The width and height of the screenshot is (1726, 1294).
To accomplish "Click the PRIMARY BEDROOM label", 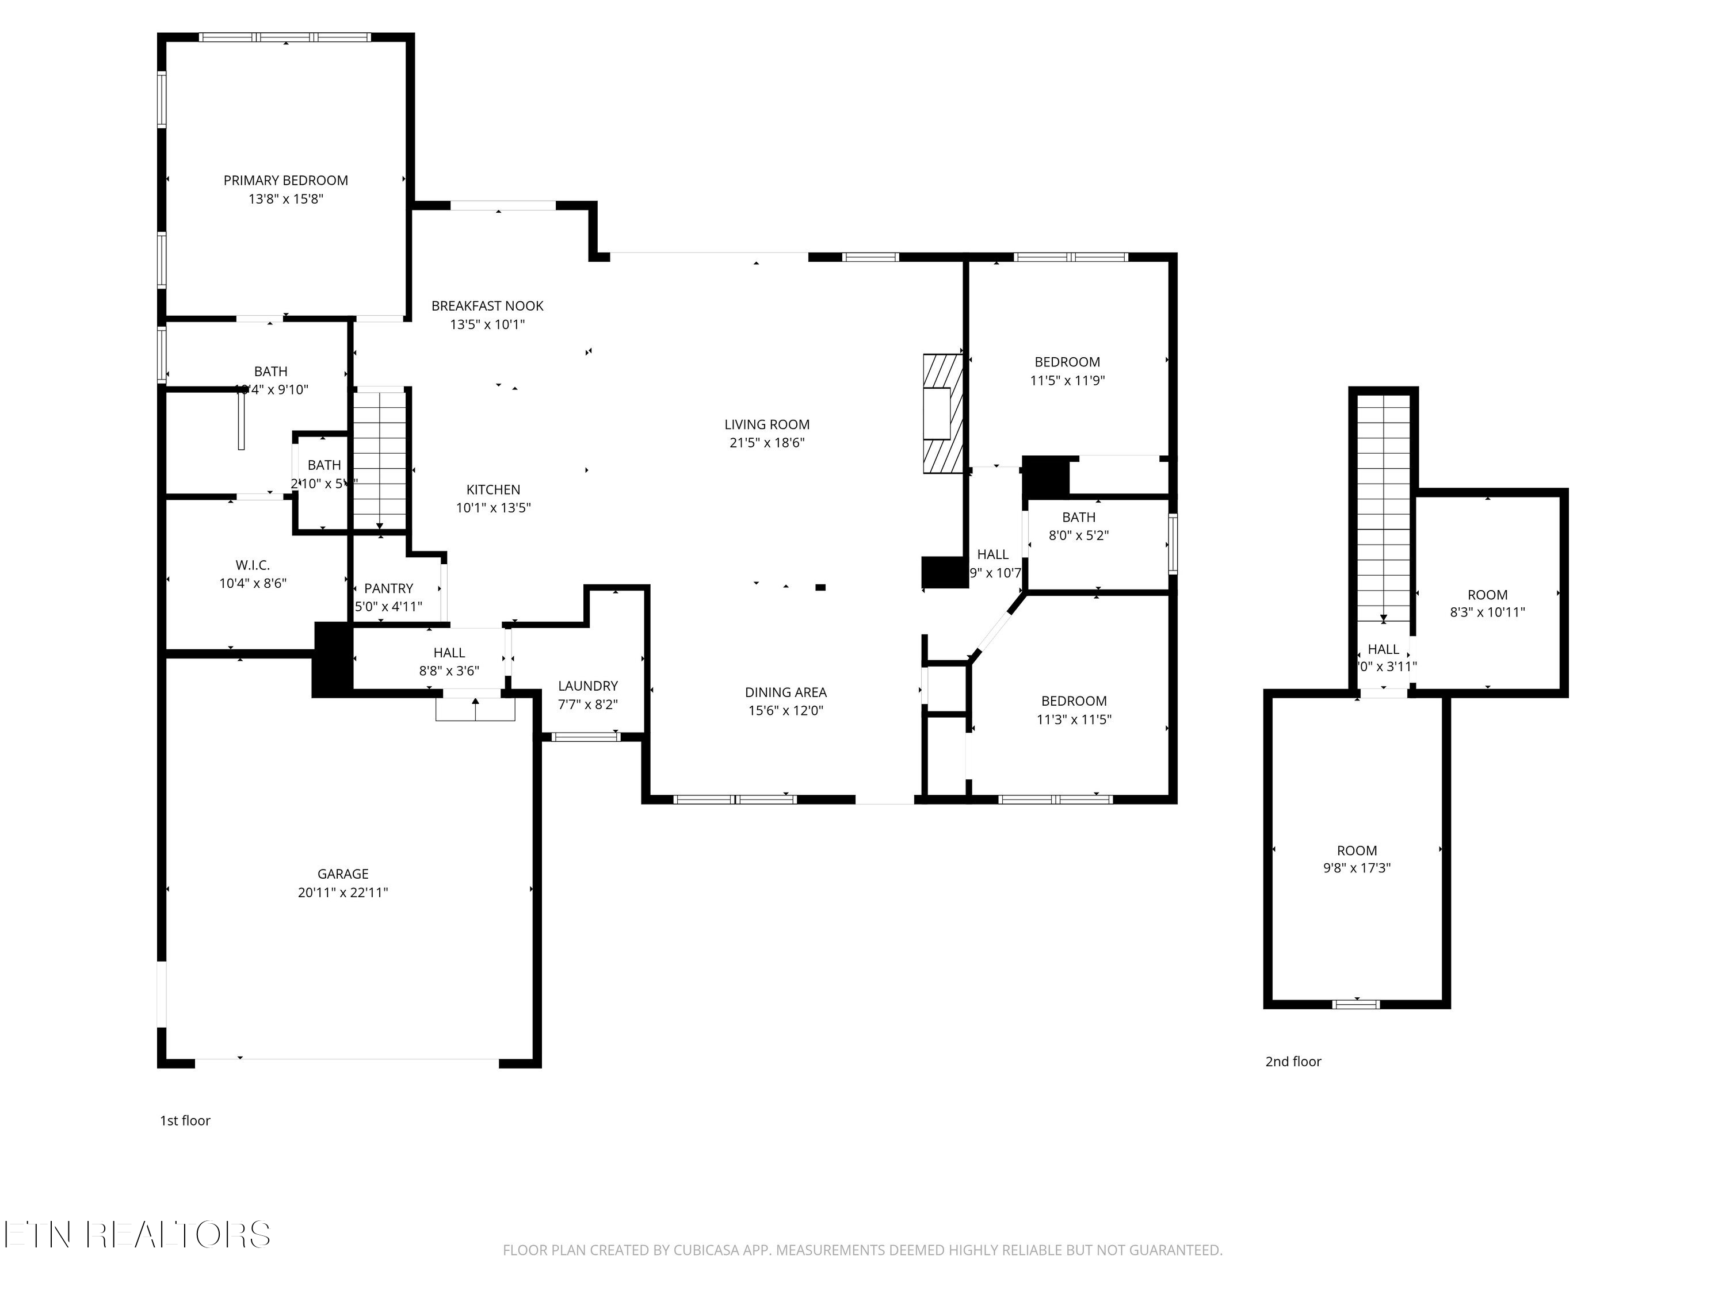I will click(x=285, y=180).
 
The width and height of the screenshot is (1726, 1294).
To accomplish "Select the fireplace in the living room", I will click(x=942, y=414).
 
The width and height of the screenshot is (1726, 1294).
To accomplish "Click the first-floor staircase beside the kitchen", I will click(x=380, y=460).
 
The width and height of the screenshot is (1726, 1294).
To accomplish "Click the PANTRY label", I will click(x=388, y=588).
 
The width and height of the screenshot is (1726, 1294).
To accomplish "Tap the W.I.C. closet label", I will click(x=253, y=565).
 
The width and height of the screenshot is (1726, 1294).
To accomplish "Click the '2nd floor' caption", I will click(x=1293, y=1062).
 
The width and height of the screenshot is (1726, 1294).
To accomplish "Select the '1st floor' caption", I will click(x=185, y=1121).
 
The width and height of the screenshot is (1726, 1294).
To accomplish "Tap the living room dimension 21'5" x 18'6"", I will click(x=766, y=443).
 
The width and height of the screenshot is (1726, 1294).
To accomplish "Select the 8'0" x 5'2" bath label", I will click(x=1078, y=535).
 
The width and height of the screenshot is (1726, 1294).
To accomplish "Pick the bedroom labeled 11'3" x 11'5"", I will click(x=1074, y=710).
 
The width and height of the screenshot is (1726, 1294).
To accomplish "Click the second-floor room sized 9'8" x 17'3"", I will click(x=1356, y=859).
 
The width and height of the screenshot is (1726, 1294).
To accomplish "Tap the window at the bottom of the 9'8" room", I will click(x=1356, y=1004).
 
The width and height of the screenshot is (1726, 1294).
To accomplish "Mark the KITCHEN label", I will click(x=493, y=489).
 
